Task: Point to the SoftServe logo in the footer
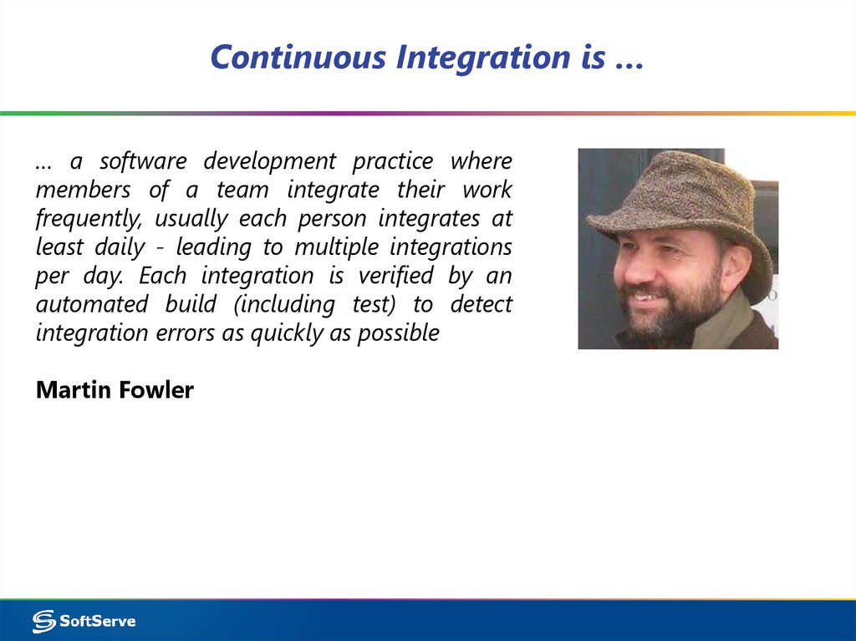coord(84,620)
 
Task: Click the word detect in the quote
coord(481,304)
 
